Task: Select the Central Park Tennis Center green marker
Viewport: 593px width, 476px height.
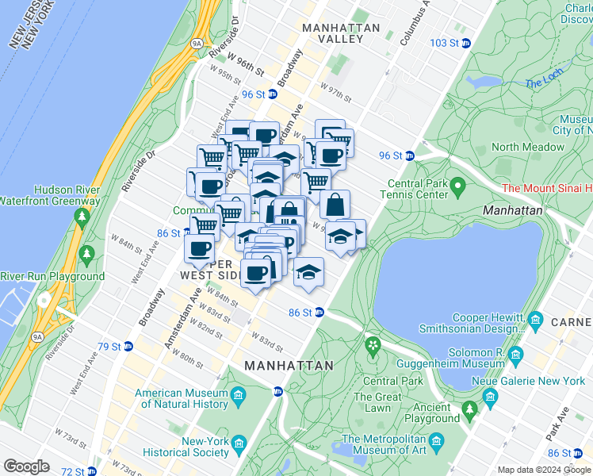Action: click(x=457, y=188)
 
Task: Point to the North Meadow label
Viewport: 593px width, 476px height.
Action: click(x=527, y=147)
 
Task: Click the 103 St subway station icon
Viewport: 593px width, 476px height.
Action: click(x=467, y=42)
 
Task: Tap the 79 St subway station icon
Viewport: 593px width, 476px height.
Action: click(x=127, y=347)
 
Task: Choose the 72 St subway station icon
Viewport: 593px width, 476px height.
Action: click(x=91, y=471)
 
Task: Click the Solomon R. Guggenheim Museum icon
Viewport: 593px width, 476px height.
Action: click(x=516, y=353)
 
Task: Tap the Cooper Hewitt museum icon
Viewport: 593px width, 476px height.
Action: click(x=536, y=320)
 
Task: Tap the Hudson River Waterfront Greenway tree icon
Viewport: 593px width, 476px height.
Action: click(x=82, y=216)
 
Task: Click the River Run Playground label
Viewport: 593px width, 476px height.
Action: click(x=52, y=276)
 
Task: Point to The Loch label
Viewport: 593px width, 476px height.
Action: click(x=544, y=83)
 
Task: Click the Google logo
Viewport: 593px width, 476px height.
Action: click(x=26, y=466)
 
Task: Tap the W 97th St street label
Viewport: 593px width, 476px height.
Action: click(x=335, y=90)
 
